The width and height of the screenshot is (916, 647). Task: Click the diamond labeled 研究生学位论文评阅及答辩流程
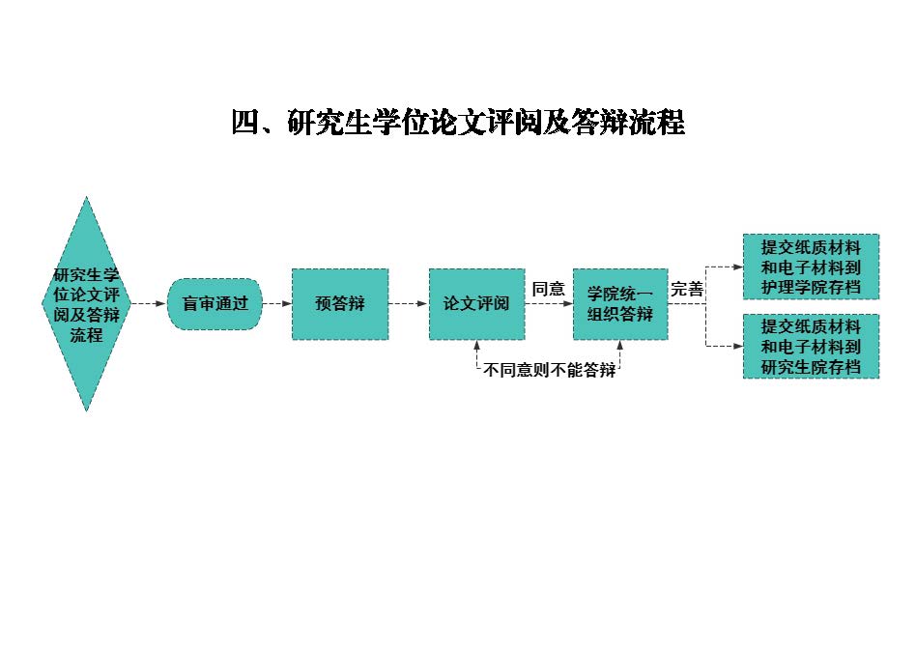pyautogui.click(x=86, y=304)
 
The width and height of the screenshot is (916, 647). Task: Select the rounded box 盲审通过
pyautogui.click(x=215, y=304)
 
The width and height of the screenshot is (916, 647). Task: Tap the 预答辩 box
pyautogui.click(x=340, y=304)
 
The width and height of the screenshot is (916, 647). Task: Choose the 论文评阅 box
pyautogui.click(x=476, y=304)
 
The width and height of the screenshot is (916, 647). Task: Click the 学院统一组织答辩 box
pyautogui.click(x=619, y=304)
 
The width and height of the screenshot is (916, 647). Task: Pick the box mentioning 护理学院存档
pyautogui.click(x=811, y=267)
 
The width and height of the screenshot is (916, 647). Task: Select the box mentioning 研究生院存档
pyautogui.click(x=811, y=346)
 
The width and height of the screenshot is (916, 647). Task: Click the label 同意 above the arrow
pyautogui.click(x=549, y=289)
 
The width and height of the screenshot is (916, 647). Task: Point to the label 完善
pyautogui.click(x=687, y=289)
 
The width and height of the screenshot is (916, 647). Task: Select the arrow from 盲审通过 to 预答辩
pyautogui.click(x=276, y=304)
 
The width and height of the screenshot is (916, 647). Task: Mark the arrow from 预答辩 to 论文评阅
pyautogui.click(x=409, y=304)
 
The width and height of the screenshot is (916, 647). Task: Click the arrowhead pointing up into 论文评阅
pyautogui.click(x=476, y=346)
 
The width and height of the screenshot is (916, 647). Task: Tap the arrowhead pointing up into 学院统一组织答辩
pyautogui.click(x=619, y=346)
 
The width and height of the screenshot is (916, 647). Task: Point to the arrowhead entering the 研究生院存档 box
pyautogui.click(x=737, y=346)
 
